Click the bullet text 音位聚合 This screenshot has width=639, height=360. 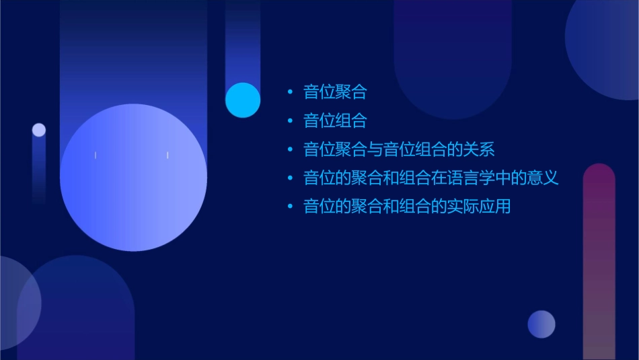coord(335,92)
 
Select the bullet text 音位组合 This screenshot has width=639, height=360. coord(335,121)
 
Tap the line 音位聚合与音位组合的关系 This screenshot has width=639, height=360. coord(399,149)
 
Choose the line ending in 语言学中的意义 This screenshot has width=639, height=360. coord(431,178)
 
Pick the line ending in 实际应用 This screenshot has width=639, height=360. coord(407,207)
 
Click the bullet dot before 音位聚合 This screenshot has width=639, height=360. coord(290,92)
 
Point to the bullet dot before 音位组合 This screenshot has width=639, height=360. coord(290,121)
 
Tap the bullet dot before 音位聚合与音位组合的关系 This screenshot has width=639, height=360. coord(290,149)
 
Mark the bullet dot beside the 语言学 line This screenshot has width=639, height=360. coord(290,178)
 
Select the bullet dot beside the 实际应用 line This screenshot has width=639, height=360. coord(290,207)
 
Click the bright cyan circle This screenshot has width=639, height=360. coord(243,100)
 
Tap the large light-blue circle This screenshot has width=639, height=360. coord(133,178)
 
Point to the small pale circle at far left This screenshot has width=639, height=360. coord(39,130)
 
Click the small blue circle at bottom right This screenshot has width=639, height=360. coord(541,324)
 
